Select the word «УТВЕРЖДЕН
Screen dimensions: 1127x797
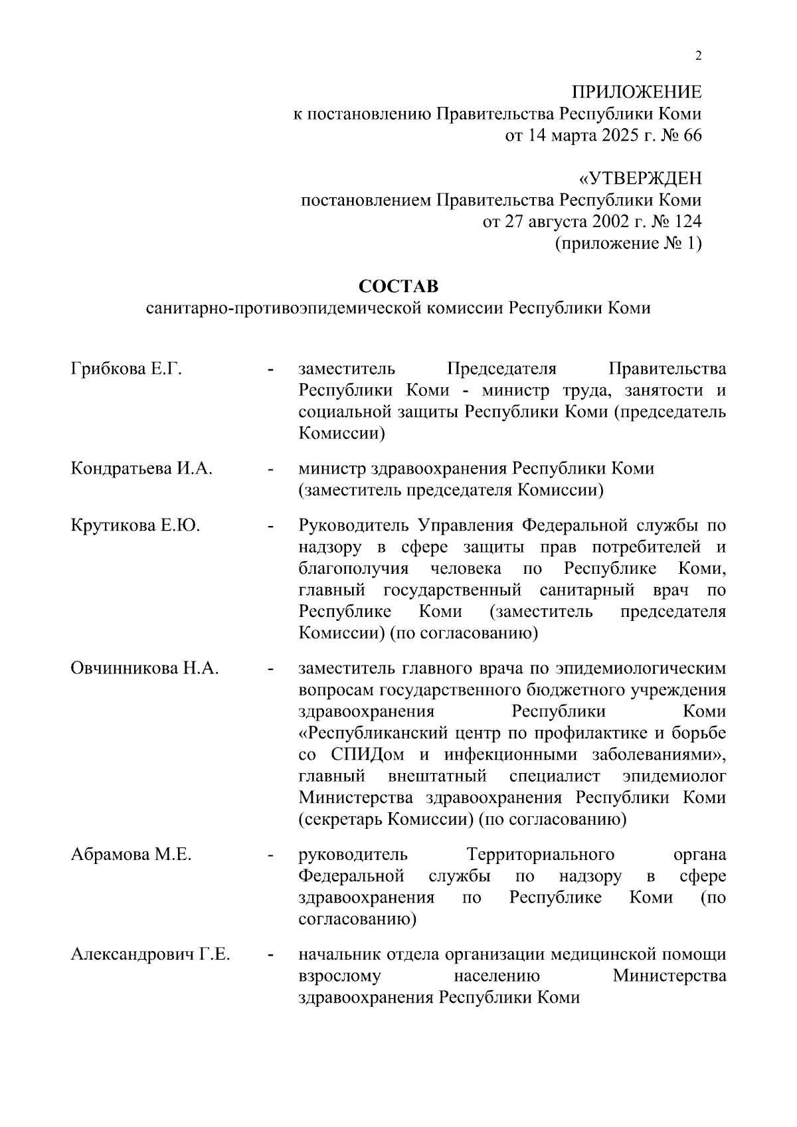click(640, 179)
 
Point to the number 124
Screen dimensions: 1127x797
click(688, 222)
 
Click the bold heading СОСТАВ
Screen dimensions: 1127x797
click(398, 286)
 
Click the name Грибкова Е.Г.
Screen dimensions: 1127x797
click(126, 369)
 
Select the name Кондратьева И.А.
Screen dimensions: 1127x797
click(141, 469)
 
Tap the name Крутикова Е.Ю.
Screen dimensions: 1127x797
click(135, 526)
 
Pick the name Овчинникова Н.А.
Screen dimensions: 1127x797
click(145, 668)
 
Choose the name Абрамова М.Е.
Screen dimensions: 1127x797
click(131, 855)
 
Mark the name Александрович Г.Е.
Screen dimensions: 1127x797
click(151, 955)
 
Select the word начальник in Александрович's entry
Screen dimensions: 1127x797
click(337, 955)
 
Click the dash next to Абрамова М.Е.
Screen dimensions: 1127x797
click(270, 855)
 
